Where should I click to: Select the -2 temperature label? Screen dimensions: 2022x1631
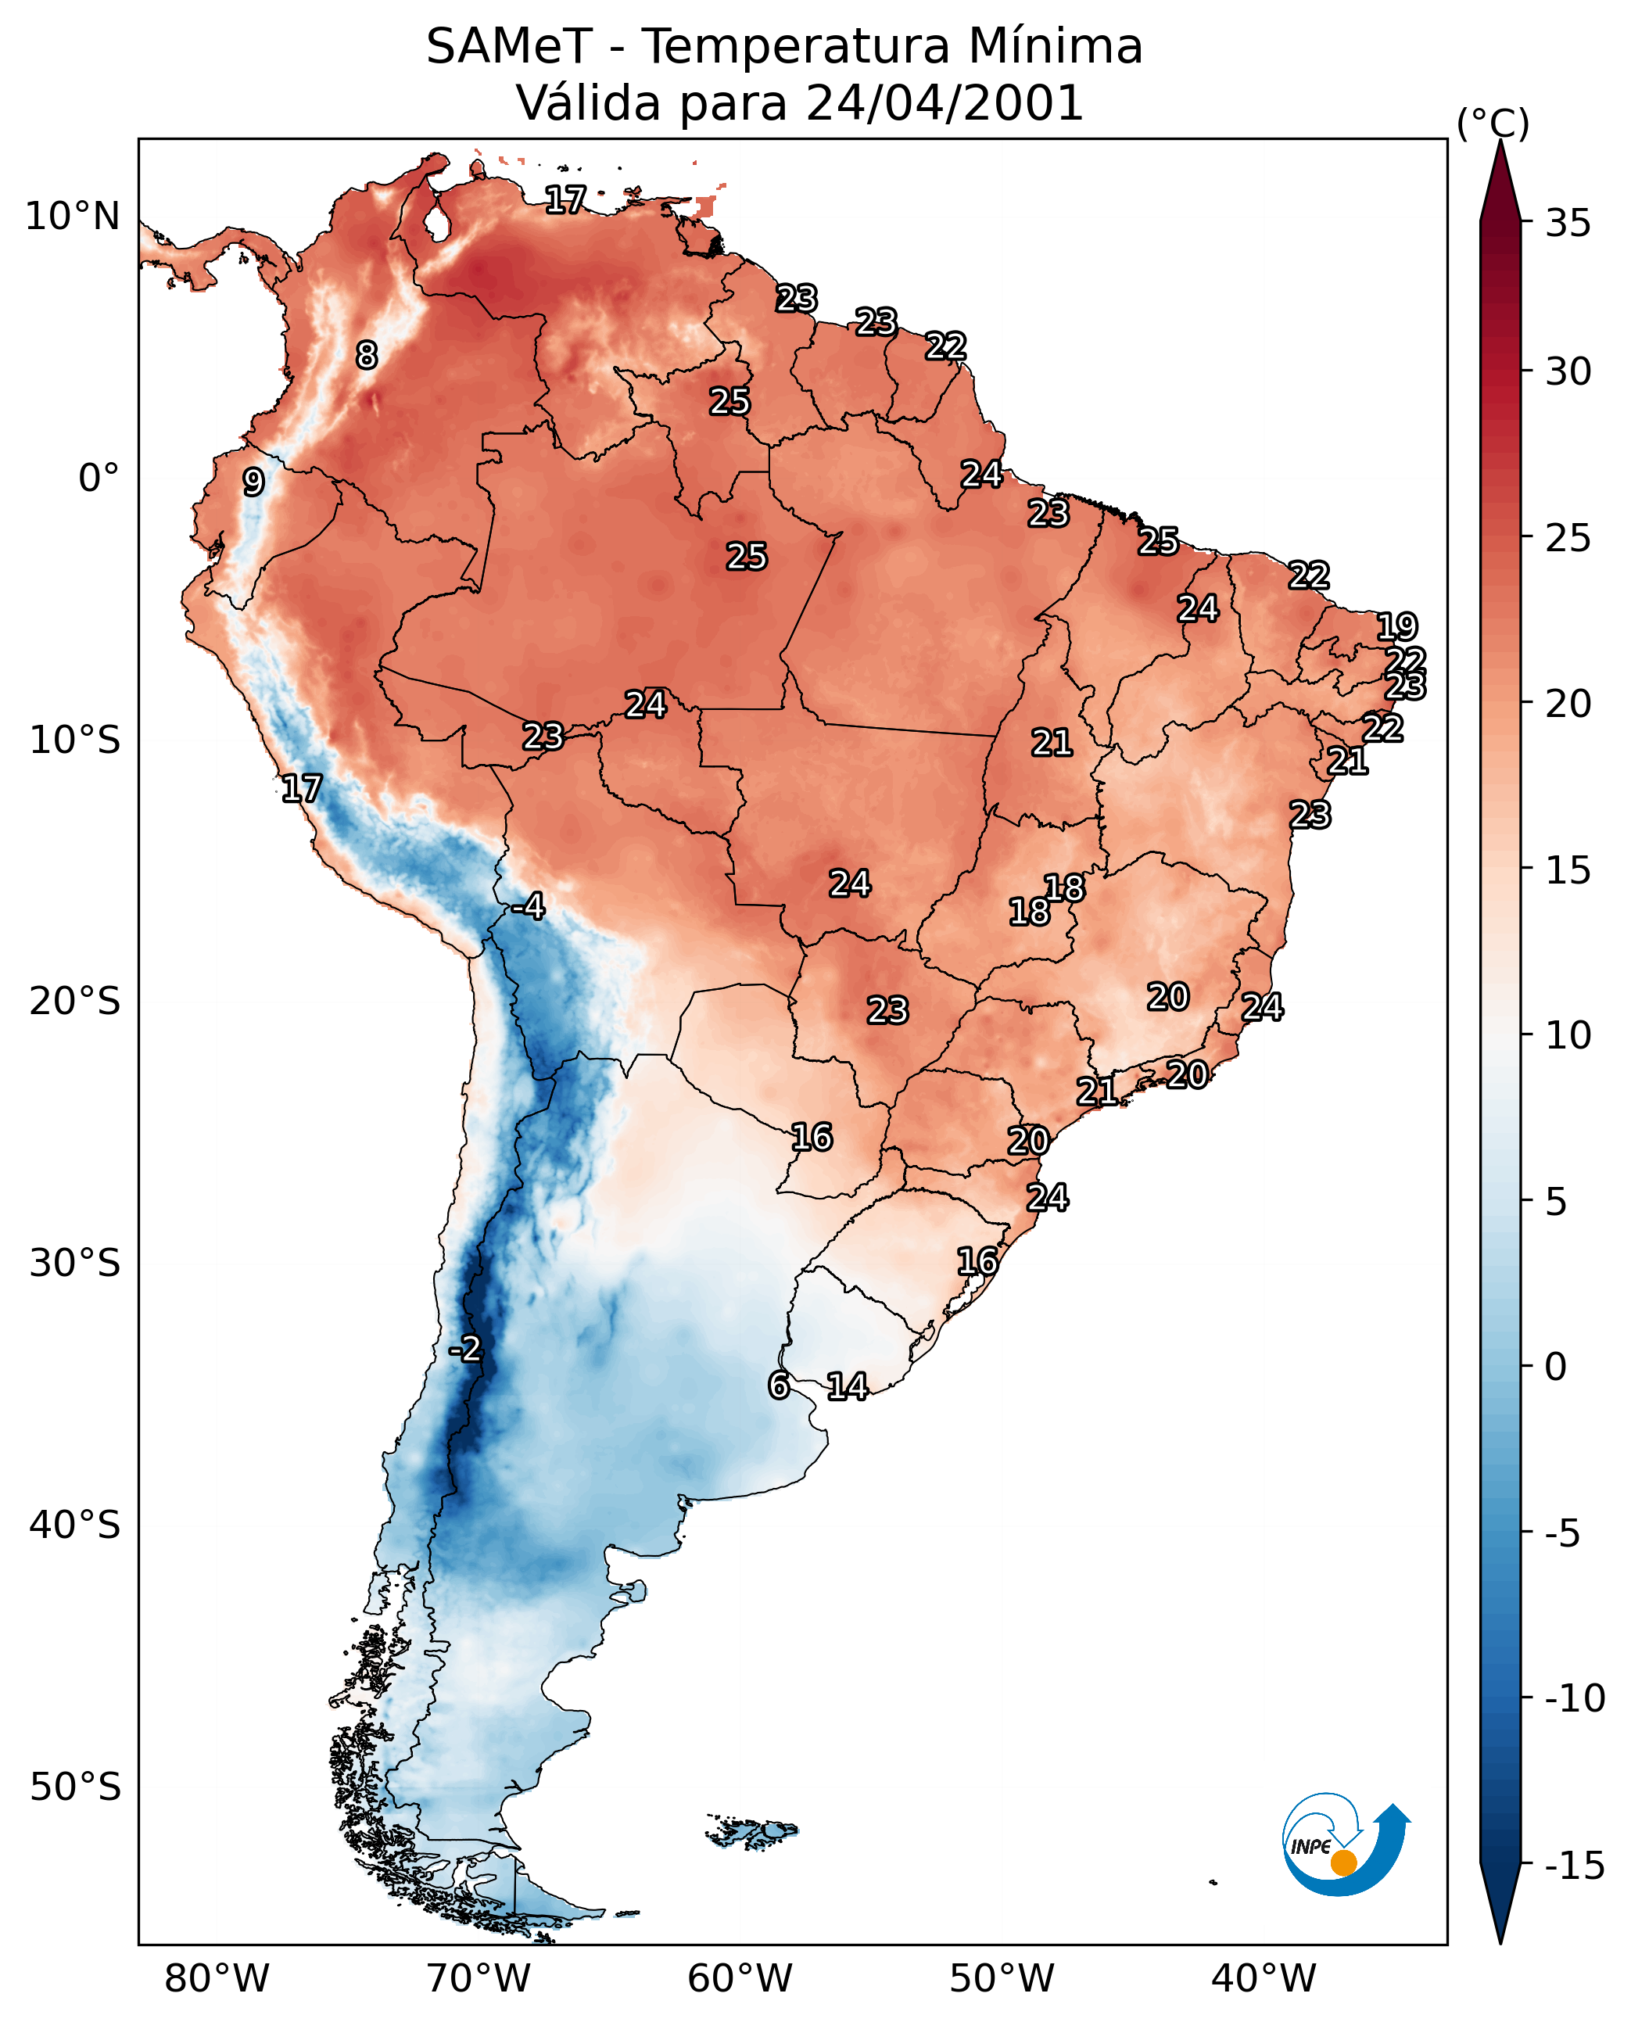pyautogui.click(x=465, y=1350)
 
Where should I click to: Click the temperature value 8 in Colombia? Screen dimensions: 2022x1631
pyautogui.click(x=367, y=355)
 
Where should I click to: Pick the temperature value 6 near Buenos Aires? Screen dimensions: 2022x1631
pyautogui.click(x=778, y=1385)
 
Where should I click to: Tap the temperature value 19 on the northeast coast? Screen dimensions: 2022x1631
pyautogui.click(x=1396, y=626)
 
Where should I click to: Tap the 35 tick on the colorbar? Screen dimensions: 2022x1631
pyautogui.click(x=1568, y=224)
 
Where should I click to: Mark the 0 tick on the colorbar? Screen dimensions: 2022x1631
pyautogui.click(x=1556, y=1367)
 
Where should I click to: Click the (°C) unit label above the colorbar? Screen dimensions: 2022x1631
pyautogui.click(x=1493, y=123)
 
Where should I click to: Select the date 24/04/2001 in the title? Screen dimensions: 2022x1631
pyautogui.click(x=945, y=102)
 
